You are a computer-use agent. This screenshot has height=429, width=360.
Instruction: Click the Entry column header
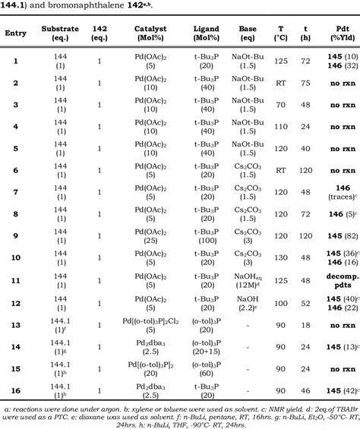[x=16, y=34]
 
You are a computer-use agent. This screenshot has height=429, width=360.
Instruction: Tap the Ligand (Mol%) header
[x=207, y=34]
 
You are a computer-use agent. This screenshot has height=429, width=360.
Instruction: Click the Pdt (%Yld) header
[x=339, y=34]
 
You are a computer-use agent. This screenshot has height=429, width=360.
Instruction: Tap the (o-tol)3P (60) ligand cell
[x=207, y=367]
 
